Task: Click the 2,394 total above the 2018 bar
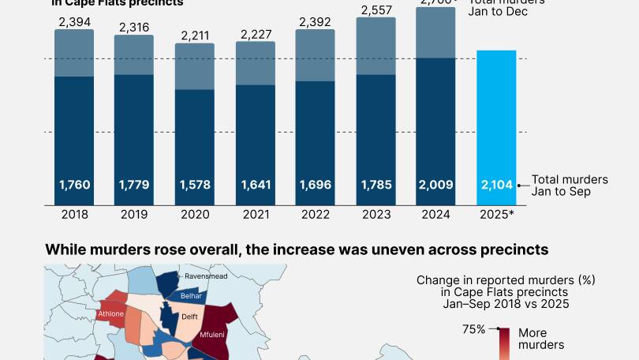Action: point(74,21)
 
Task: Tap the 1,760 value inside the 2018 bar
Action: point(74,186)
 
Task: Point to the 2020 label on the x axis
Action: point(194,214)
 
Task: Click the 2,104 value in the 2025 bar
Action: point(497,186)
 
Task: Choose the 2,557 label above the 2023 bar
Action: point(376,9)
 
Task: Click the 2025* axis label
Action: point(497,214)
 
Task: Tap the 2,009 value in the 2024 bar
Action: point(435,186)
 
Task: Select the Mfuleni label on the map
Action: point(212,335)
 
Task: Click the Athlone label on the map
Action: point(110,314)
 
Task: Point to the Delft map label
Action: point(189,317)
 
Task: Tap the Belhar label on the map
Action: point(192,296)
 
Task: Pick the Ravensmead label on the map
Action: point(207,277)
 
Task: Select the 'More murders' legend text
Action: point(540,339)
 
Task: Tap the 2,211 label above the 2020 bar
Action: point(194,35)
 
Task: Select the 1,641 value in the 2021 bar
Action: point(255,186)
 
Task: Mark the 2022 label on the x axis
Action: point(315,214)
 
